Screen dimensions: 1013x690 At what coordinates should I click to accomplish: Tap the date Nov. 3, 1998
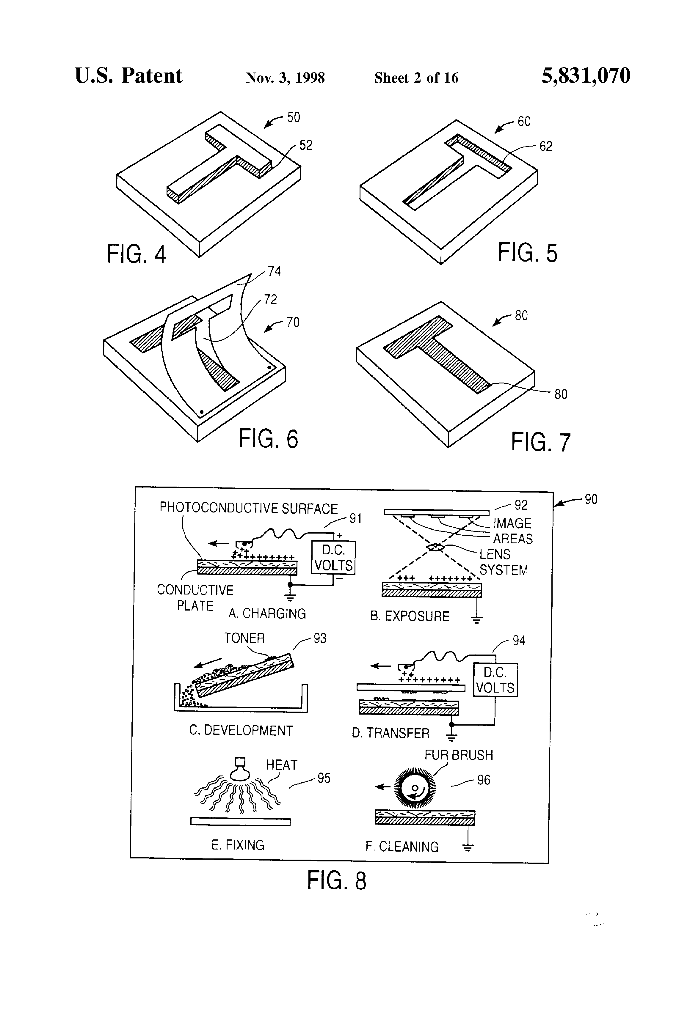coord(285,78)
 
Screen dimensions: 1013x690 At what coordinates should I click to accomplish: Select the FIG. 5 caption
coord(527,253)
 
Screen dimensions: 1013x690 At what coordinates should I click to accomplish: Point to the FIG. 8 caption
coord(336,880)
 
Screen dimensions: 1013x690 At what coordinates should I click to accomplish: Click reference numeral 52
coord(306,145)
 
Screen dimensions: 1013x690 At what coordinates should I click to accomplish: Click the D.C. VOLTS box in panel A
coord(333,558)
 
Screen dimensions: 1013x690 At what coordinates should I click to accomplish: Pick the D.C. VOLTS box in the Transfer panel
coord(495,680)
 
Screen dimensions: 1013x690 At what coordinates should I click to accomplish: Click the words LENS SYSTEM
coord(503,562)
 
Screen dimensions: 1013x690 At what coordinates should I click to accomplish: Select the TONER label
coord(244,638)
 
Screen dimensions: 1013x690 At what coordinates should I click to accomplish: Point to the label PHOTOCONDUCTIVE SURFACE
coord(249,508)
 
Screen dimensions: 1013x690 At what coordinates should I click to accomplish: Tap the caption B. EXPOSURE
coord(409,616)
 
